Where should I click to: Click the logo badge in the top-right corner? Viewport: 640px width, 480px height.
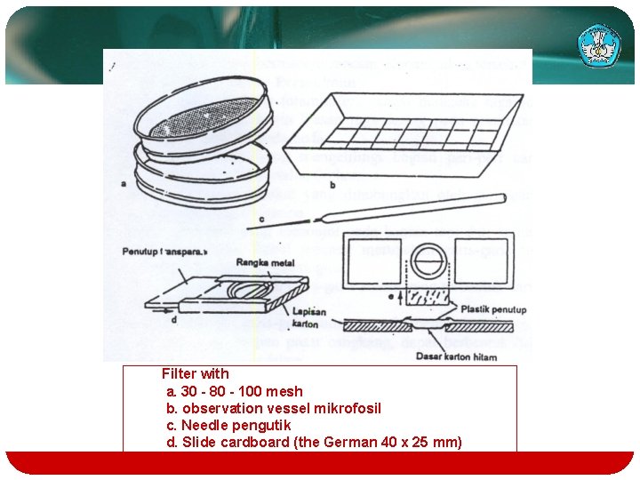[x=599, y=44]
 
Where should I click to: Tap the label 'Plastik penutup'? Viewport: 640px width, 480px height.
[x=492, y=309]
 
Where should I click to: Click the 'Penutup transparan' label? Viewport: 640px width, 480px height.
[x=164, y=252]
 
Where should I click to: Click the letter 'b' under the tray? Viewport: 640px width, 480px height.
[x=332, y=185]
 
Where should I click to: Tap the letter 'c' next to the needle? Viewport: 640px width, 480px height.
[x=261, y=219]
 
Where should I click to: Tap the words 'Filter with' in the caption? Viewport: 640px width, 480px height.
[x=195, y=374]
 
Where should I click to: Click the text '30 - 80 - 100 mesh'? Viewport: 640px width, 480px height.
[x=241, y=391]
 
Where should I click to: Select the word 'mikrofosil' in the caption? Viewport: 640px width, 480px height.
[x=349, y=408]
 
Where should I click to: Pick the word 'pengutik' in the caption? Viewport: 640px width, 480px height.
[x=263, y=425]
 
